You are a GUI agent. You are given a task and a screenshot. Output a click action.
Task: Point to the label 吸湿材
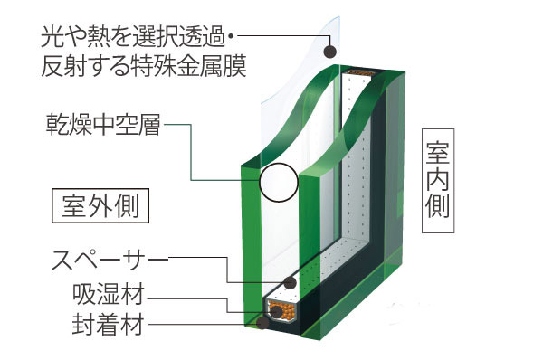tap(110, 295)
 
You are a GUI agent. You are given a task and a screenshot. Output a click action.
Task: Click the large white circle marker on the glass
tap(278, 183)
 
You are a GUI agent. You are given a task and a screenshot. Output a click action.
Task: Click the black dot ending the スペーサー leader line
tap(291, 283)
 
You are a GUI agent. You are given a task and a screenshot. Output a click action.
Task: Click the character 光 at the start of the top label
tap(52, 37)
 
